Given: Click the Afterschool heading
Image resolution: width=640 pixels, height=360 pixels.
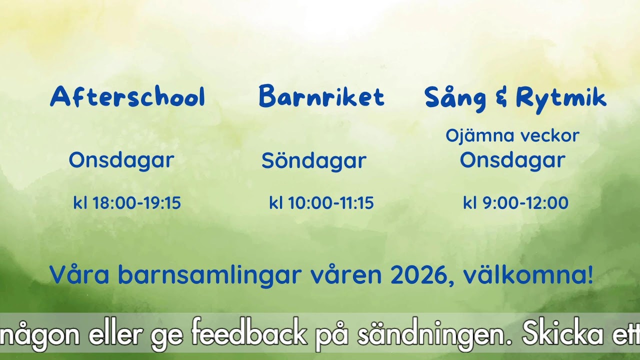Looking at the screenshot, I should [x=127, y=97].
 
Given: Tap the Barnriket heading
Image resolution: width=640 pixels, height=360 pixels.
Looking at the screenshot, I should [x=321, y=97].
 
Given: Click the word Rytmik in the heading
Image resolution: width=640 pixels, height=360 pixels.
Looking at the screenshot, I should [x=561, y=98].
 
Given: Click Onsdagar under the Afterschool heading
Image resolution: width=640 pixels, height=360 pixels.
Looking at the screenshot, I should [x=121, y=160].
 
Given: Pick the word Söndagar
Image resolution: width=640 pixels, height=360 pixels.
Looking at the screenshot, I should [x=314, y=160].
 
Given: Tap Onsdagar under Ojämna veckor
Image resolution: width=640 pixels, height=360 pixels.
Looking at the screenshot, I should [x=512, y=160].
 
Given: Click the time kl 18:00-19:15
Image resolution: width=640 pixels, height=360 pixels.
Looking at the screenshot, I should [x=127, y=203].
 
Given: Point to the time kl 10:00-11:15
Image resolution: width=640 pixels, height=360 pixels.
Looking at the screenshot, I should [x=321, y=203].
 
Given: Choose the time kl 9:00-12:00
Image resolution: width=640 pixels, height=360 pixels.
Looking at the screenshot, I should [x=515, y=203].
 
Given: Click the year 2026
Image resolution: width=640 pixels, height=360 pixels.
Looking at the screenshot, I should [x=422, y=274].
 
